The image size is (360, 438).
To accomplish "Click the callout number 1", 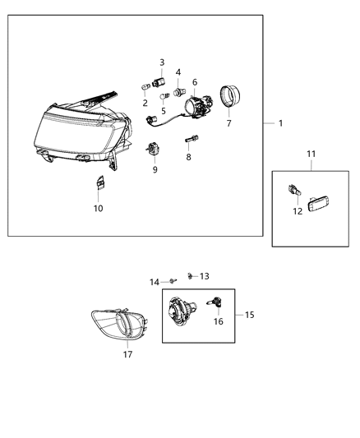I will point(280,123).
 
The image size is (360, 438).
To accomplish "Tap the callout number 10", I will point(98,208).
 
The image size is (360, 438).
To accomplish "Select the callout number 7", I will point(229,123).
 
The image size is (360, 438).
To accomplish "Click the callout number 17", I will point(127,354).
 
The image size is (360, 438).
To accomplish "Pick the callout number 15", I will point(250,314).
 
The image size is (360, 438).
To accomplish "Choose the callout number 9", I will point(154,169).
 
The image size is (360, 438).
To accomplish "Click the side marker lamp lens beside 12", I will point(318,202).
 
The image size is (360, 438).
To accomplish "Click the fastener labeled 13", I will point(190,274).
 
